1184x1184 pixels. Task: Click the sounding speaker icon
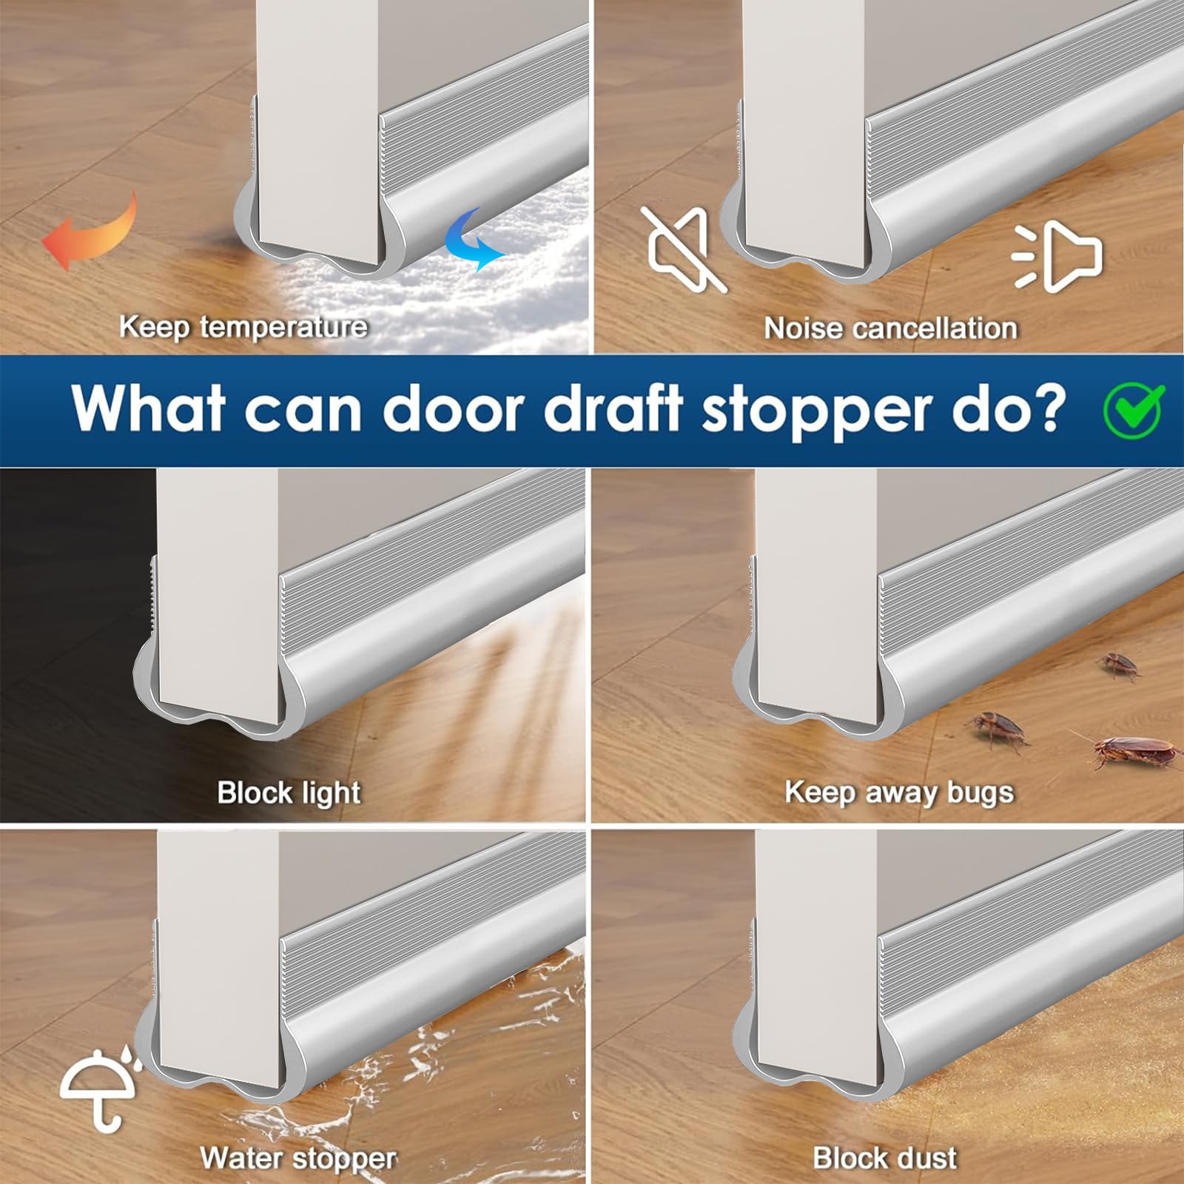tap(1059, 254)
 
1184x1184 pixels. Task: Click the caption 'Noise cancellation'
tap(890, 328)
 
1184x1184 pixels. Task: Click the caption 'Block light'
tap(289, 793)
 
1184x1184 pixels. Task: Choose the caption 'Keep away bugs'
tap(898, 793)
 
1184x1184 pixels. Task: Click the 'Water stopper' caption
tap(298, 1157)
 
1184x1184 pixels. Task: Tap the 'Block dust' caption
tap(884, 1157)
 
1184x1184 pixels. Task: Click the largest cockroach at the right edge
tap(1132, 753)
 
